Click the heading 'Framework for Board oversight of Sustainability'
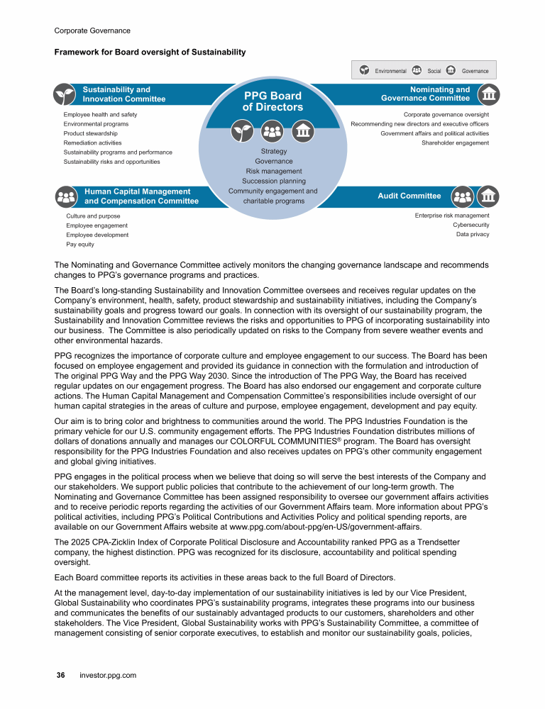pyautogui.click(x=150, y=52)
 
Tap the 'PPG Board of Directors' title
pyautogui.click(x=272, y=101)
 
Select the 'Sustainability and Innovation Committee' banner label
pyautogui.click(x=123, y=94)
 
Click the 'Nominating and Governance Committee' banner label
pyautogui.click(x=426, y=94)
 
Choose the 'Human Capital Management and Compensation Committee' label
pyautogui.click(x=141, y=196)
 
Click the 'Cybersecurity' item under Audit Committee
pyautogui.click(x=470, y=225)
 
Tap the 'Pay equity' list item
pyautogui.click(x=79, y=245)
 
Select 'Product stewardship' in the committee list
pyautogui.click(x=90, y=133)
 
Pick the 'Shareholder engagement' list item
pyautogui.click(x=455, y=143)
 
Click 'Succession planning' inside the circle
pyautogui.click(x=273, y=181)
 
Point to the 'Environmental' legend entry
pyautogui.click(x=390, y=71)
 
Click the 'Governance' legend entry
pyautogui.click(x=475, y=71)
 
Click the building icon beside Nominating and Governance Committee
pyautogui.click(x=488, y=94)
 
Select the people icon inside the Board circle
pyautogui.click(x=272, y=130)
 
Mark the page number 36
pyautogui.click(x=61, y=675)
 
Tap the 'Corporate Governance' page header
pyautogui.click(x=92, y=30)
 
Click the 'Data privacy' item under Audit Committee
pyautogui.click(x=473, y=235)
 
